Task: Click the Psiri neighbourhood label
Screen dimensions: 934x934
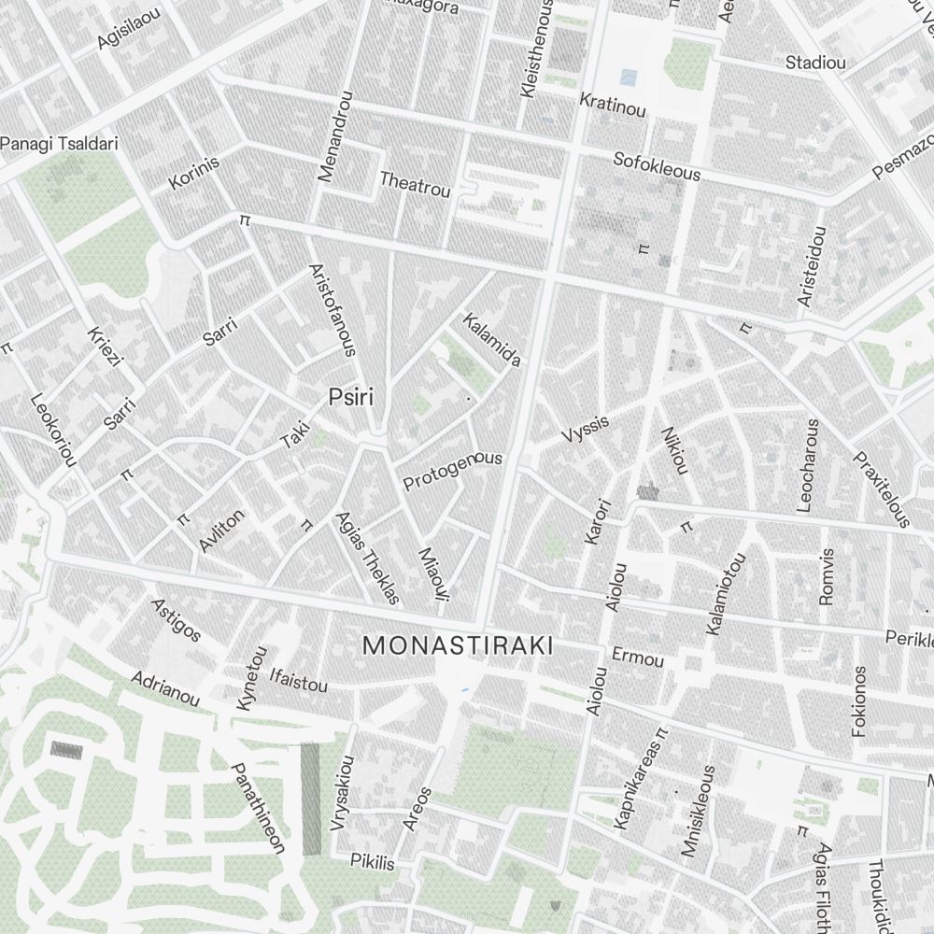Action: (350, 398)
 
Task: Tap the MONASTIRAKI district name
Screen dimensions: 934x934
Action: (458, 645)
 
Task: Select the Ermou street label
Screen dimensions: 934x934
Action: (637, 658)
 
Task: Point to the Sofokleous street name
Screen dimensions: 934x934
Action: (657, 167)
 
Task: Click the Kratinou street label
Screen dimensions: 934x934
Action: (613, 105)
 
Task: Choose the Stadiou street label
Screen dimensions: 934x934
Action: (815, 64)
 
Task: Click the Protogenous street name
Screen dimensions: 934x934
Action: (452, 471)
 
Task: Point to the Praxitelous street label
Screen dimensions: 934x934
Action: (880, 489)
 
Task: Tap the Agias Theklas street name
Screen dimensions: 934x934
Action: (367, 558)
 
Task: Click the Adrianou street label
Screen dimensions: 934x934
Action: (165, 688)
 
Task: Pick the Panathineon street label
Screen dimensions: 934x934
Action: (257, 808)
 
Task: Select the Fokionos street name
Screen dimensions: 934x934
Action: (859, 701)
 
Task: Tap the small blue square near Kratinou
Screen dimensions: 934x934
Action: (630, 77)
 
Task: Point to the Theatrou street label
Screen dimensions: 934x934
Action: (415, 184)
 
